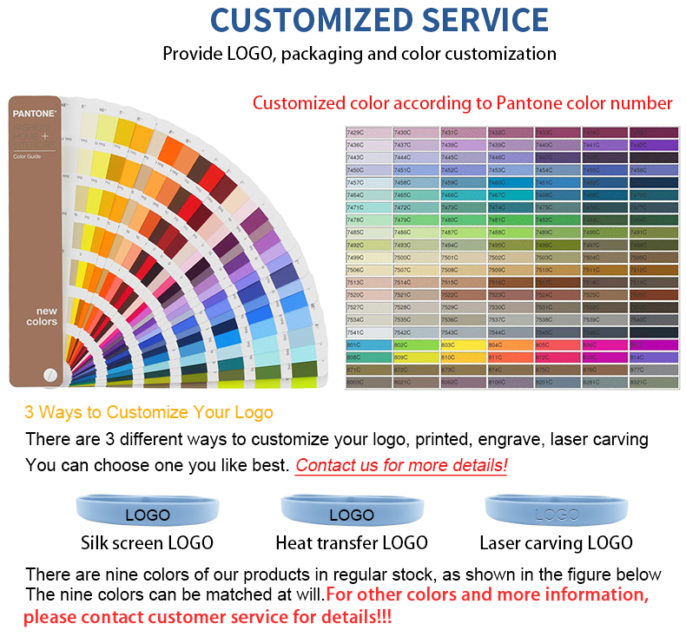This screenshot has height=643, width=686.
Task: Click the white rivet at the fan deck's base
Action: coord(50,373)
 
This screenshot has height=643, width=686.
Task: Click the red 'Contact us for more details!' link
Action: coord(401,465)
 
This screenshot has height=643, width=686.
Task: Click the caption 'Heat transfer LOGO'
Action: coord(352,543)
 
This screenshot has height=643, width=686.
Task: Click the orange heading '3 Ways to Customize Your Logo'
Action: coord(148,412)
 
